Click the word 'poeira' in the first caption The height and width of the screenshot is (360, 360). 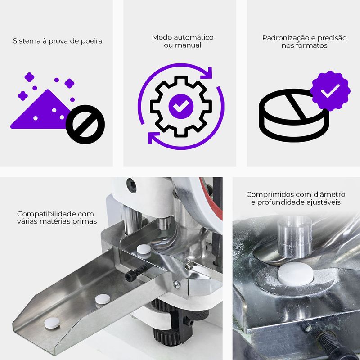(91, 41)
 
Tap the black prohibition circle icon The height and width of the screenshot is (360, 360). (85, 125)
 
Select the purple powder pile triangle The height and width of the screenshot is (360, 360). (41, 109)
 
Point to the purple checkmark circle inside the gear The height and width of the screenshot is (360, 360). (181, 106)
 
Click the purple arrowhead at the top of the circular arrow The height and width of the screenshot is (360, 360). (207, 72)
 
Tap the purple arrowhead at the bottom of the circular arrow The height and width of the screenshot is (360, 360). (153, 138)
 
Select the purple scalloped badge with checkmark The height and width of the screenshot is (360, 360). (330, 91)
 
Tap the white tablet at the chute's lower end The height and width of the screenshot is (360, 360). (52, 323)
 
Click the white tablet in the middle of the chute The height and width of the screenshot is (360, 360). (103, 299)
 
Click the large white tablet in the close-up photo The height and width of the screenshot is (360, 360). (295, 274)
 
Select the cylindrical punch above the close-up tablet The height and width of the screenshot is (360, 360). (295, 237)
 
